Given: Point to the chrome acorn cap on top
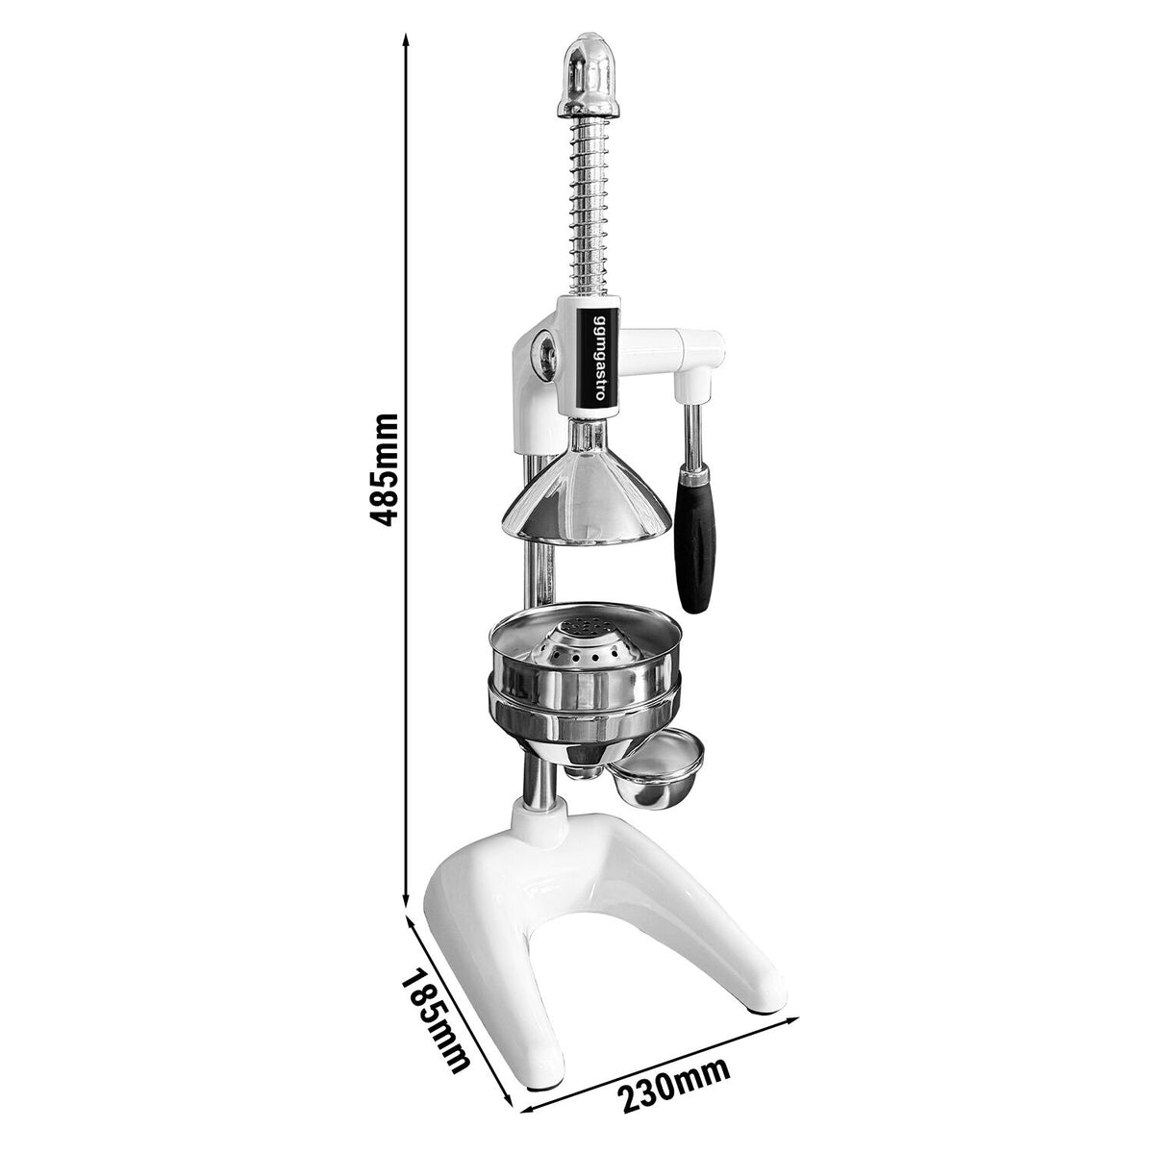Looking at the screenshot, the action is click(589, 77).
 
